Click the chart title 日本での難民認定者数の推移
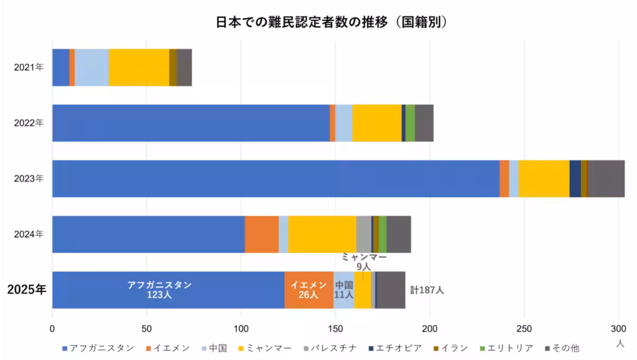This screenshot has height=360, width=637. click(x=318, y=22)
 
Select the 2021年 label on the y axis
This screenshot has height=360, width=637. click(x=29, y=67)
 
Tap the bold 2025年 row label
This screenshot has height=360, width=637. click(x=27, y=290)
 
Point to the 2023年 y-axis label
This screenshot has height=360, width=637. click(x=29, y=178)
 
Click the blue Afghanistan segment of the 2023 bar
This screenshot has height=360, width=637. click(x=276, y=178)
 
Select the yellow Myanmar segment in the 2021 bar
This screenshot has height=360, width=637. click(x=139, y=67)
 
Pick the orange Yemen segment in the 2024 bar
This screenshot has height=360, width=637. click(x=261, y=234)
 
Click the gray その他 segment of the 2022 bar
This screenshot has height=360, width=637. click(x=424, y=123)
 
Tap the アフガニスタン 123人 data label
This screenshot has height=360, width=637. click(x=159, y=290)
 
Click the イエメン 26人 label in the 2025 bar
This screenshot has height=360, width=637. click(x=308, y=290)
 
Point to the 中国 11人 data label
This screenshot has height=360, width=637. click(x=344, y=290)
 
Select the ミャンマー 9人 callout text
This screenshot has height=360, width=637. click(x=364, y=262)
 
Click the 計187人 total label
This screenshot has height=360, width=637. click(x=427, y=290)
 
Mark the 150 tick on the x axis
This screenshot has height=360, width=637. click(x=335, y=329)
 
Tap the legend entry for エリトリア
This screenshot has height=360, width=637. click(x=507, y=348)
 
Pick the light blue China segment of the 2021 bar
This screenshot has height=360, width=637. click(x=92, y=67)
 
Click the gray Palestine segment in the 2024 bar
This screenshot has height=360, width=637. click(x=364, y=234)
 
